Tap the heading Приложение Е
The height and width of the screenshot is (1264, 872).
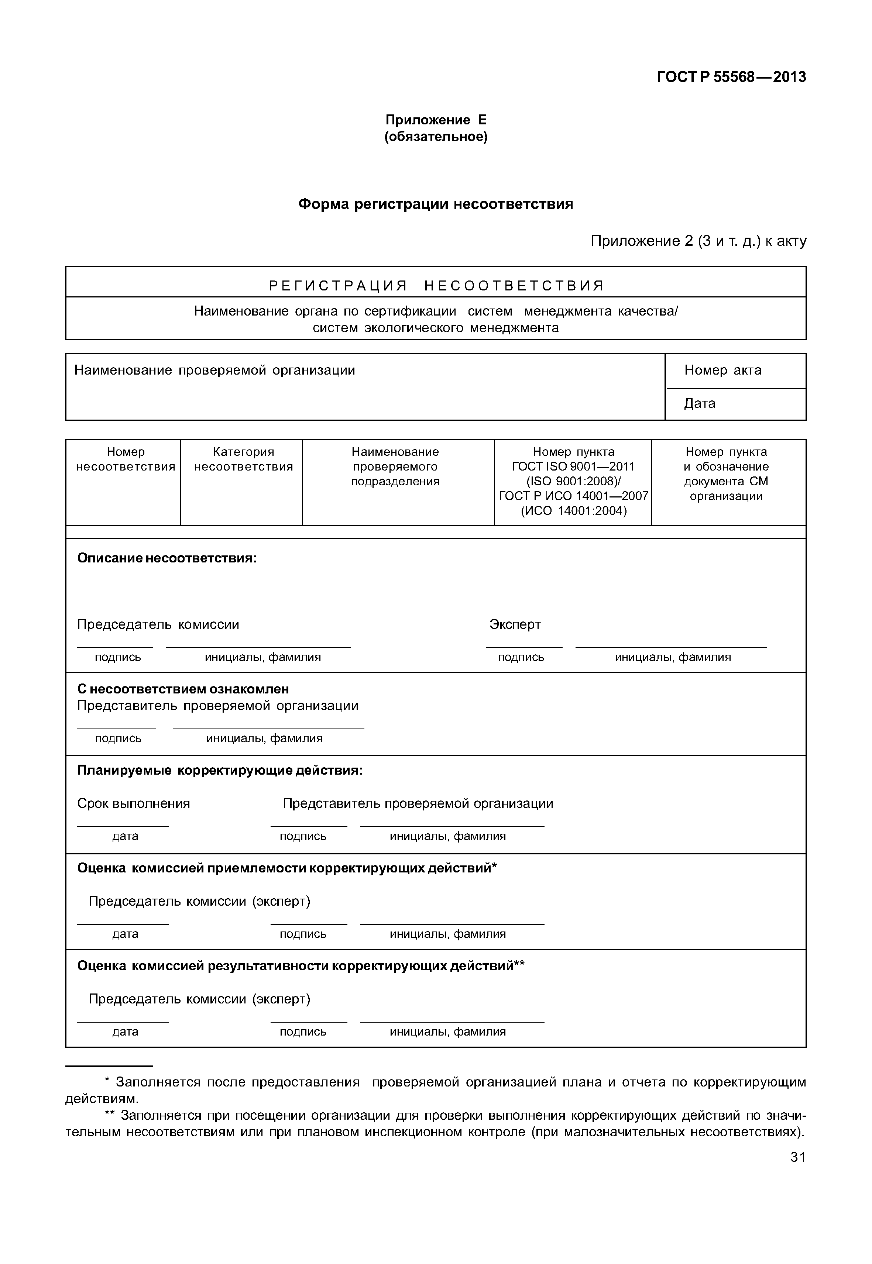[x=436, y=120]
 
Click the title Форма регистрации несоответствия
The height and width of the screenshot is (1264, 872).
[x=436, y=204]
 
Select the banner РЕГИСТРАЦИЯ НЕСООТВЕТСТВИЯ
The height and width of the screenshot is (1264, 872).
[x=436, y=285]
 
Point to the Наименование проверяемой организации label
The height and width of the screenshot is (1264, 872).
[x=215, y=371]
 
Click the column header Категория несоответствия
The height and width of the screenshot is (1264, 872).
[x=243, y=459]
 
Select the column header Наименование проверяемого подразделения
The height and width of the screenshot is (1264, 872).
[x=395, y=466]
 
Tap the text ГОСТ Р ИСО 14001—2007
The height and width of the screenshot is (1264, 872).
[x=573, y=496]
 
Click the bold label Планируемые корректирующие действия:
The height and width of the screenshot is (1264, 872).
[x=220, y=771]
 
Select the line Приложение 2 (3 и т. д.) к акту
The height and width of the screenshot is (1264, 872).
[x=698, y=241]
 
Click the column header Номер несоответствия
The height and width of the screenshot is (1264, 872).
[x=125, y=459]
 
